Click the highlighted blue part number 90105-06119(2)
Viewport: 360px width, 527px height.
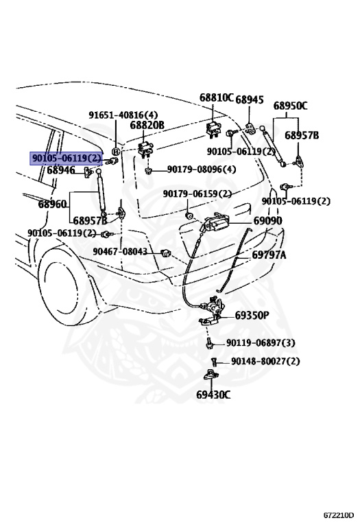pyautogui.click(x=67, y=159)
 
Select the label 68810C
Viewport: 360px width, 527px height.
pyautogui.click(x=217, y=98)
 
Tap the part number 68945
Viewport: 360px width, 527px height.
pyautogui.click(x=250, y=100)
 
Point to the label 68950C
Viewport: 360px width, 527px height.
pyautogui.click(x=290, y=106)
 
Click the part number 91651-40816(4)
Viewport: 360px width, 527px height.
pyautogui.click(x=123, y=115)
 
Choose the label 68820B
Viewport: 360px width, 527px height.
pyautogui.click(x=147, y=126)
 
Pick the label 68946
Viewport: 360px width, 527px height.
pyautogui.click(x=61, y=170)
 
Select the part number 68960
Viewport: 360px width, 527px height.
pyautogui.click(x=52, y=204)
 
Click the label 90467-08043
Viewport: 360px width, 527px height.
pyautogui.click(x=120, y=252)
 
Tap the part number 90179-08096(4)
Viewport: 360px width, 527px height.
pyautogui.click(x=202, y=169)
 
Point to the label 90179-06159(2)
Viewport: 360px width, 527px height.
pyautogui.click(x=197, y=194)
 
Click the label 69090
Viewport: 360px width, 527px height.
pyautogui.click(x=267, y=221)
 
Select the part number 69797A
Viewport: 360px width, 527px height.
pyautogui.click(x=269, y=255)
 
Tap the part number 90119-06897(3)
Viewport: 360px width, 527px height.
pyautogui.click(x=261, y=343)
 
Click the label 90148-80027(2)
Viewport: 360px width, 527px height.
pyautogui.click(x=265, y=361)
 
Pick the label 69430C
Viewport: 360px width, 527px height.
pyautogui.click(x=213, y=395)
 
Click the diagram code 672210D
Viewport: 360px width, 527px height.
pyautogui.click(x=339, y=515)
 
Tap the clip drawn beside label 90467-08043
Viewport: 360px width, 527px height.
pyautogui.click(x=165, y=254)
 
